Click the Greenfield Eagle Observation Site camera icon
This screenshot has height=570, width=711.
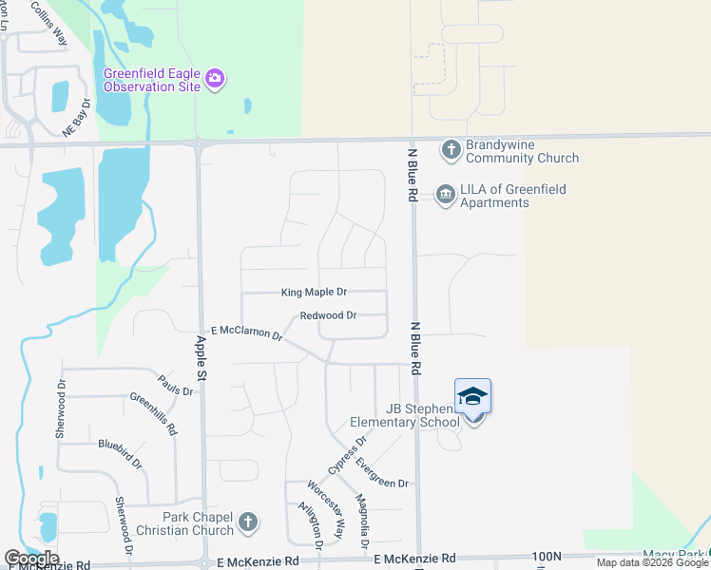(216, 77)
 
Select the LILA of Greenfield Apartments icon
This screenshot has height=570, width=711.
(444, 195)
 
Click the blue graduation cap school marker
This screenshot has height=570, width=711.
(472, 396)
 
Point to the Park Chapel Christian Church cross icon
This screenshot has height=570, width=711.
(248, 522)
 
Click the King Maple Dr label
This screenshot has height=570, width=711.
(314, 293)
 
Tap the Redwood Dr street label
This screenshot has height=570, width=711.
(327, 315)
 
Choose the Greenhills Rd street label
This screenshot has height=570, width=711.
(153, 413)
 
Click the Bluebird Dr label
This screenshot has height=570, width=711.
(120, 454)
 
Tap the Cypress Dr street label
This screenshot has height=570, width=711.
(347, 456)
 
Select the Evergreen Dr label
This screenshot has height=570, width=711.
(382, 473)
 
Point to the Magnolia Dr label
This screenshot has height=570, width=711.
(362, 523)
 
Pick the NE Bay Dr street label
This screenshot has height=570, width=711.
(76, 119)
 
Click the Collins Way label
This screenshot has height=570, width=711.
(48, 24)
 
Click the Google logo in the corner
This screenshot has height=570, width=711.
(31, 559)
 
